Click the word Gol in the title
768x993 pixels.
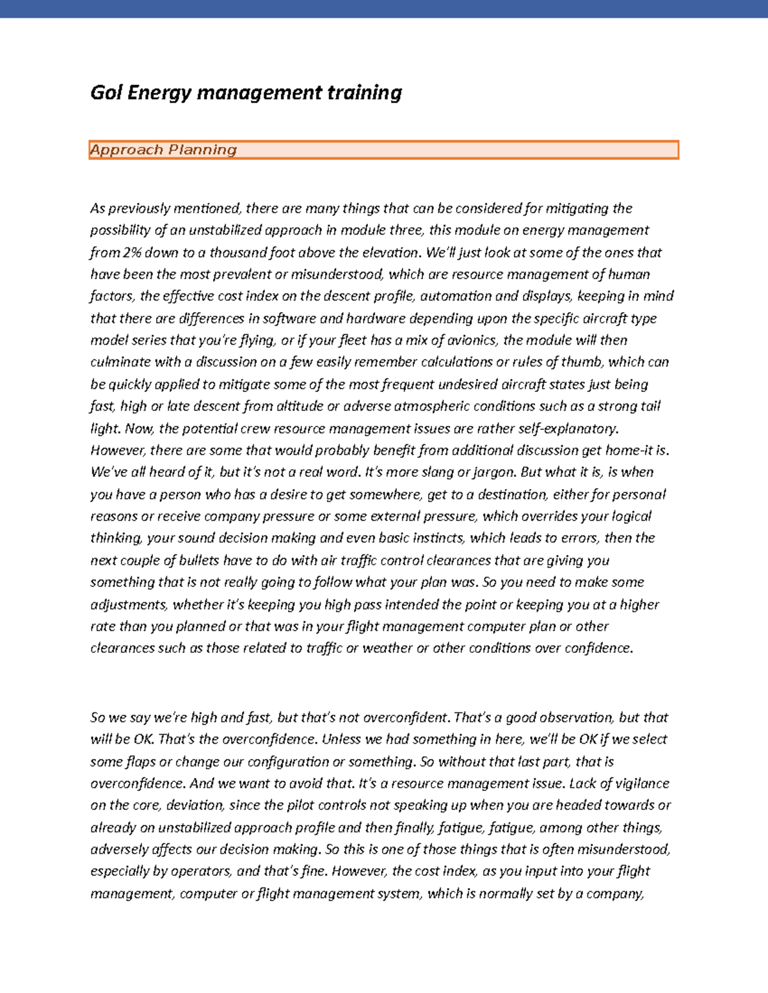(x=106, y=93)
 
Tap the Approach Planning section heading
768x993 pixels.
(x=164, y=150)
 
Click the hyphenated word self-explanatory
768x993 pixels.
(x=568, y=428)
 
